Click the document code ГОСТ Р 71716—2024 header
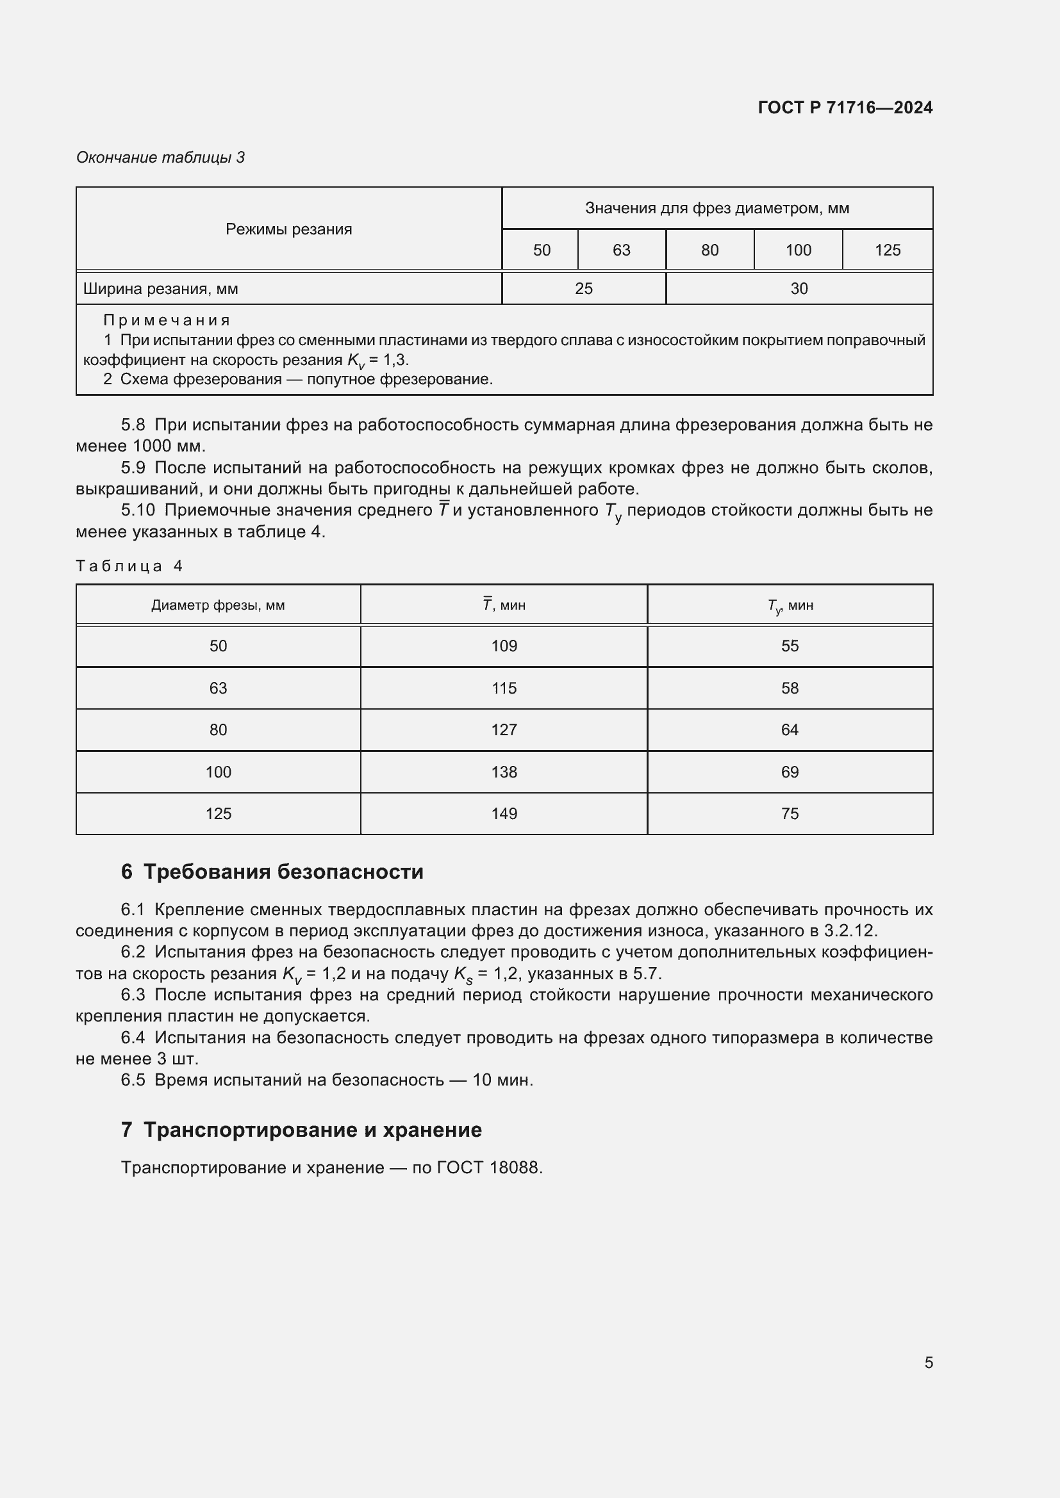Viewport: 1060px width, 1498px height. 845,108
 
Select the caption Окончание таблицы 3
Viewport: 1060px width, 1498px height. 160,158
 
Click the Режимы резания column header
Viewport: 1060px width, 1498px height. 288,229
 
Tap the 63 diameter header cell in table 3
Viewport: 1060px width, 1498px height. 621,250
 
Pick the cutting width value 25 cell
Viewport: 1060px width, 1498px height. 584,288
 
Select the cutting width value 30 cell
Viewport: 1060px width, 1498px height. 799,288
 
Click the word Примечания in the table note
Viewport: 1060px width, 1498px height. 167,320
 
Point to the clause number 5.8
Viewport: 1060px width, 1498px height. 133,425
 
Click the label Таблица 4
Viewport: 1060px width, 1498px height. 129,566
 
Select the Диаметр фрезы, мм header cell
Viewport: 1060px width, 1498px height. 218,605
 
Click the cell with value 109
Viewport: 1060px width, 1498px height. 504,646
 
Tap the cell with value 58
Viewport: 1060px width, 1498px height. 789,688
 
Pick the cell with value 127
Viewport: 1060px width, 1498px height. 504,729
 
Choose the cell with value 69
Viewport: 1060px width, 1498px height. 789,772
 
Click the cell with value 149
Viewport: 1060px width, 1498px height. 504,813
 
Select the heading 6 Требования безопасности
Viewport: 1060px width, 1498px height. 272,872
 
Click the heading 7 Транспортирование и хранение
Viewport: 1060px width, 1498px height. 301,1129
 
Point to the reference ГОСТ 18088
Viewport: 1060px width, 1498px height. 489,1168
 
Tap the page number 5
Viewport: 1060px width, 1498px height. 928,1362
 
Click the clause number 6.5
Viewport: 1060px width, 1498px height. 133,1080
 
